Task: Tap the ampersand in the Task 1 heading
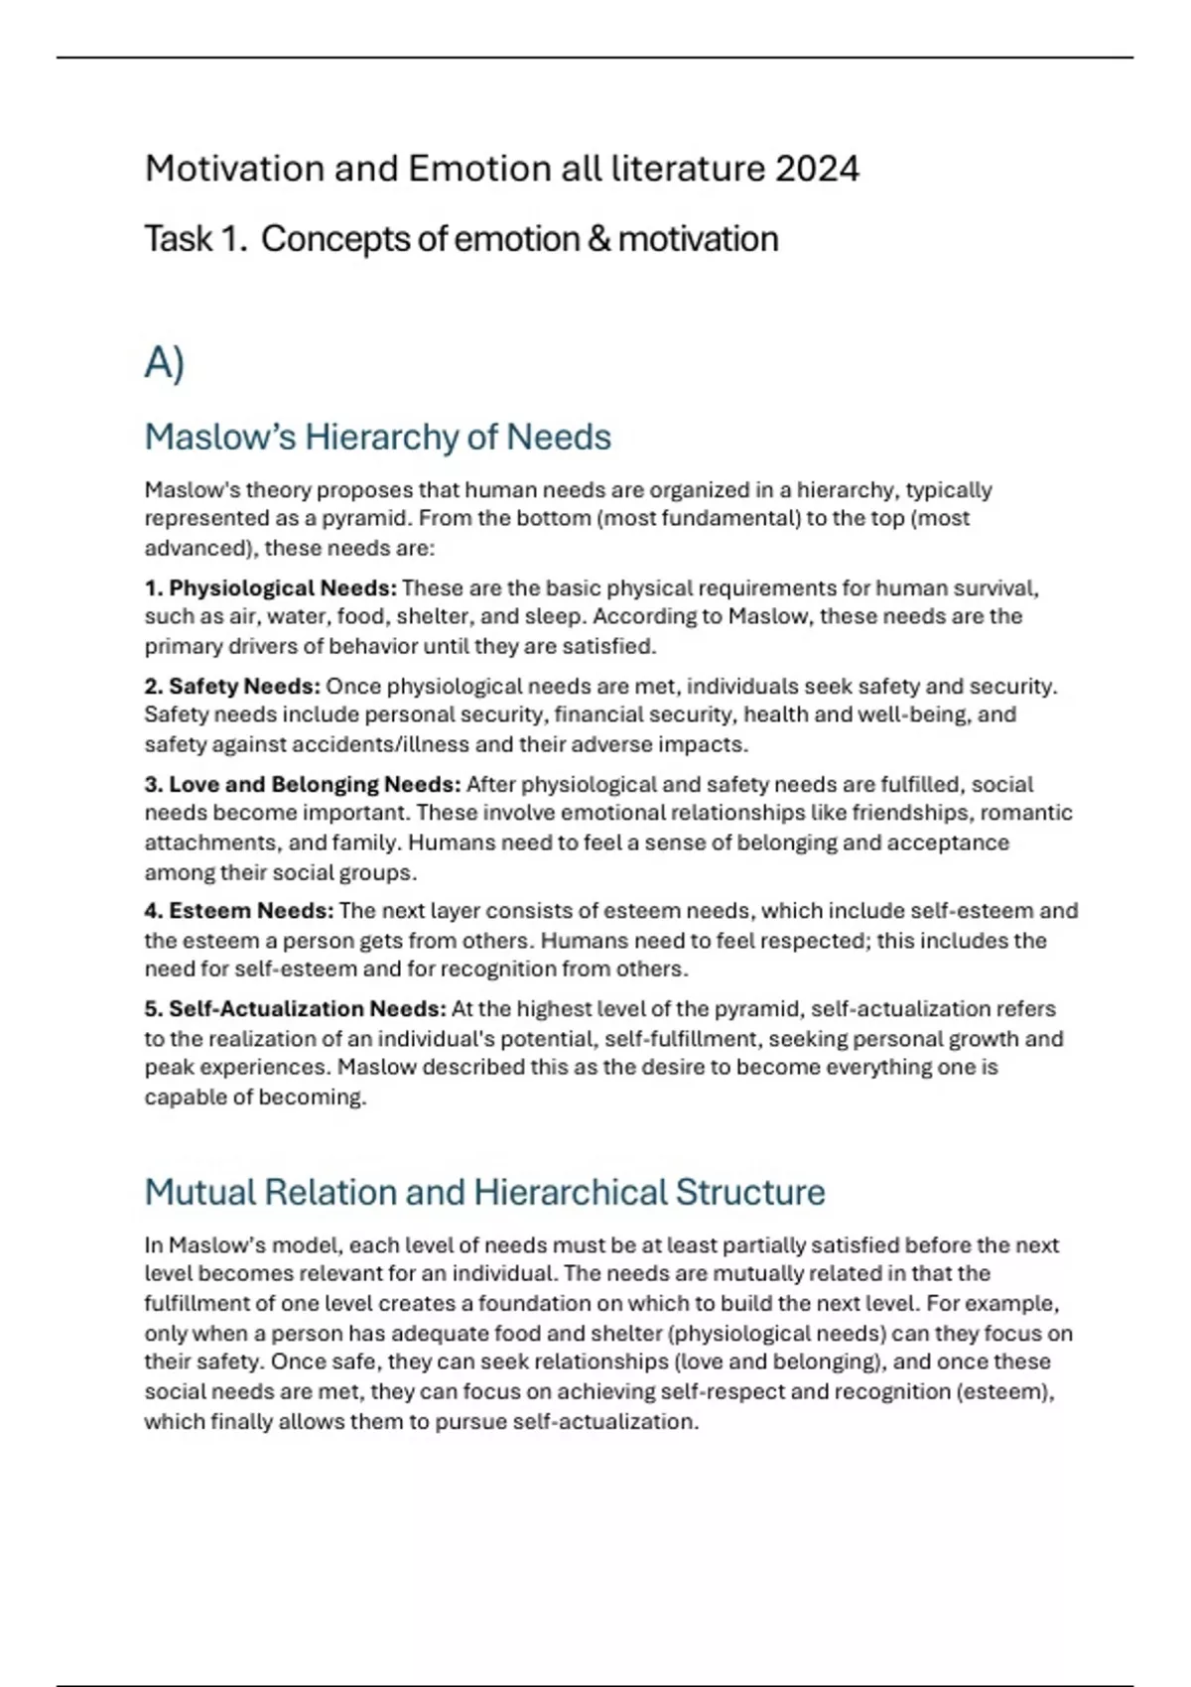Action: coord(598,239)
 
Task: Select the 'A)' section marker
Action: coord(165,363)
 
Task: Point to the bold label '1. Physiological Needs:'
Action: coord(271,588)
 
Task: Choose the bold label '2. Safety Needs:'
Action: coord(232,687)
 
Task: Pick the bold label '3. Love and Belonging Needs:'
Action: coord(303,785)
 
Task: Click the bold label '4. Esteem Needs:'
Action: coord(239,911)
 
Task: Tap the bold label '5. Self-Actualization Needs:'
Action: coord(295,1009)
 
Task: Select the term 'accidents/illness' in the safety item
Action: coord(351,744)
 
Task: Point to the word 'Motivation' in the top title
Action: coord(234,169)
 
